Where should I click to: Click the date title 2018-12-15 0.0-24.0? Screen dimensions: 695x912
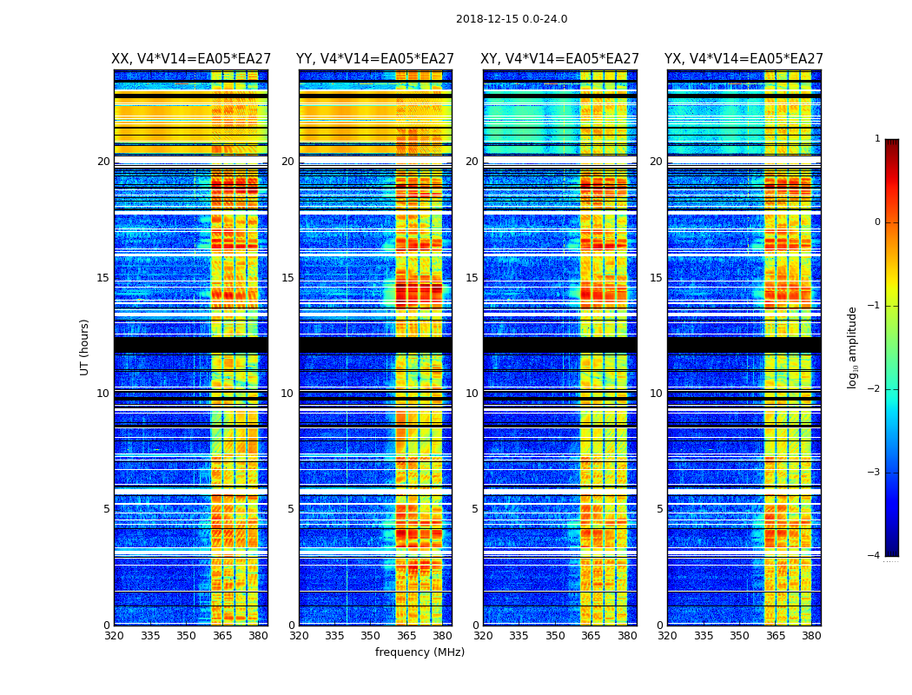pyautogui.click(x=512, y=19)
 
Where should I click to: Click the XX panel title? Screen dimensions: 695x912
pyautogui.click(x=191, y=59)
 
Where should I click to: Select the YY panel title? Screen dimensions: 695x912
pyautogui.click(x=375, y=59)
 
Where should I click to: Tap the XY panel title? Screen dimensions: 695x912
pyautogui.click(x=560, y=59)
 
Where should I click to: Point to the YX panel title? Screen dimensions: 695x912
pyautogui.click(x=743, y=59)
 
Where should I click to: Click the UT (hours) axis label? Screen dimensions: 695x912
pyautogui.click(x=85, y=347)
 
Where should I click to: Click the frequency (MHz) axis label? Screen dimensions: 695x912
pyautogui.click(x=420, y=652)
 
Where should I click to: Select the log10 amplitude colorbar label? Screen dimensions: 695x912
pyautogui.click(x=853, y=347)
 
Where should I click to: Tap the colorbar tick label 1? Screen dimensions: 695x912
pyautogui.click(x=877, y=139)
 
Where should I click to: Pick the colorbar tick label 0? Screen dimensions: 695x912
pyautogui.click(x=877, y=222)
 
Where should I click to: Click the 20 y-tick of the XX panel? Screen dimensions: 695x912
pyautogui.click(x=103, y=162)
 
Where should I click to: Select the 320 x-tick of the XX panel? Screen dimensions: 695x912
pyautogui.click(x=114, y=636)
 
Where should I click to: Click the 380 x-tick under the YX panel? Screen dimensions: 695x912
pyautogui.click(x=811, y=636)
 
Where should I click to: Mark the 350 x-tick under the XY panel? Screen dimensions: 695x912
pyautogui.click(x=555, y=636)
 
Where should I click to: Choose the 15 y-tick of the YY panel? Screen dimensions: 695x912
pyautogui.click(x=287, y=278)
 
